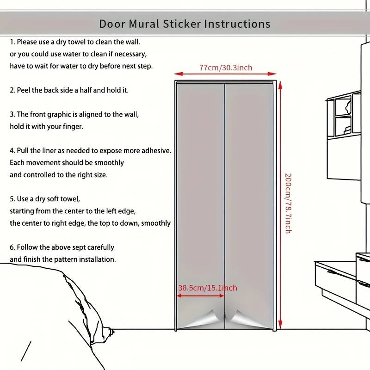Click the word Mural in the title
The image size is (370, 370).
coord(144,24)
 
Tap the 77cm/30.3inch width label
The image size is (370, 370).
coord(226,68)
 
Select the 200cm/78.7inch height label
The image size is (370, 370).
coord(288,203)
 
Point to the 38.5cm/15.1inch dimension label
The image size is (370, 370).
coord(208,288)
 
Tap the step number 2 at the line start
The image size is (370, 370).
coord(12,90)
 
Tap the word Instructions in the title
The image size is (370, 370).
coord(237,24)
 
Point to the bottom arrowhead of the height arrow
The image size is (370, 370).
coord(280,325)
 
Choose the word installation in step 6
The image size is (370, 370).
coord(98,259)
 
